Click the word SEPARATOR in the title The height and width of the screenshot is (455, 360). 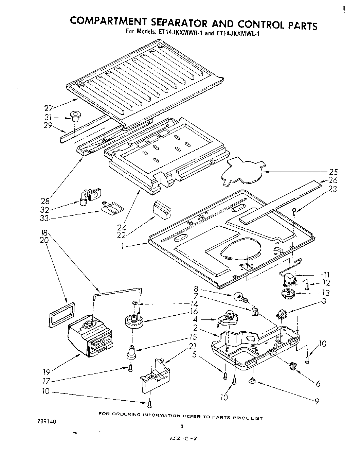(x=178, y=23)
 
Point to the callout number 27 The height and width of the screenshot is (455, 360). (x=50, y=109)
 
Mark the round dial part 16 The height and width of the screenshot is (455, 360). (x=134, y=320)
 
